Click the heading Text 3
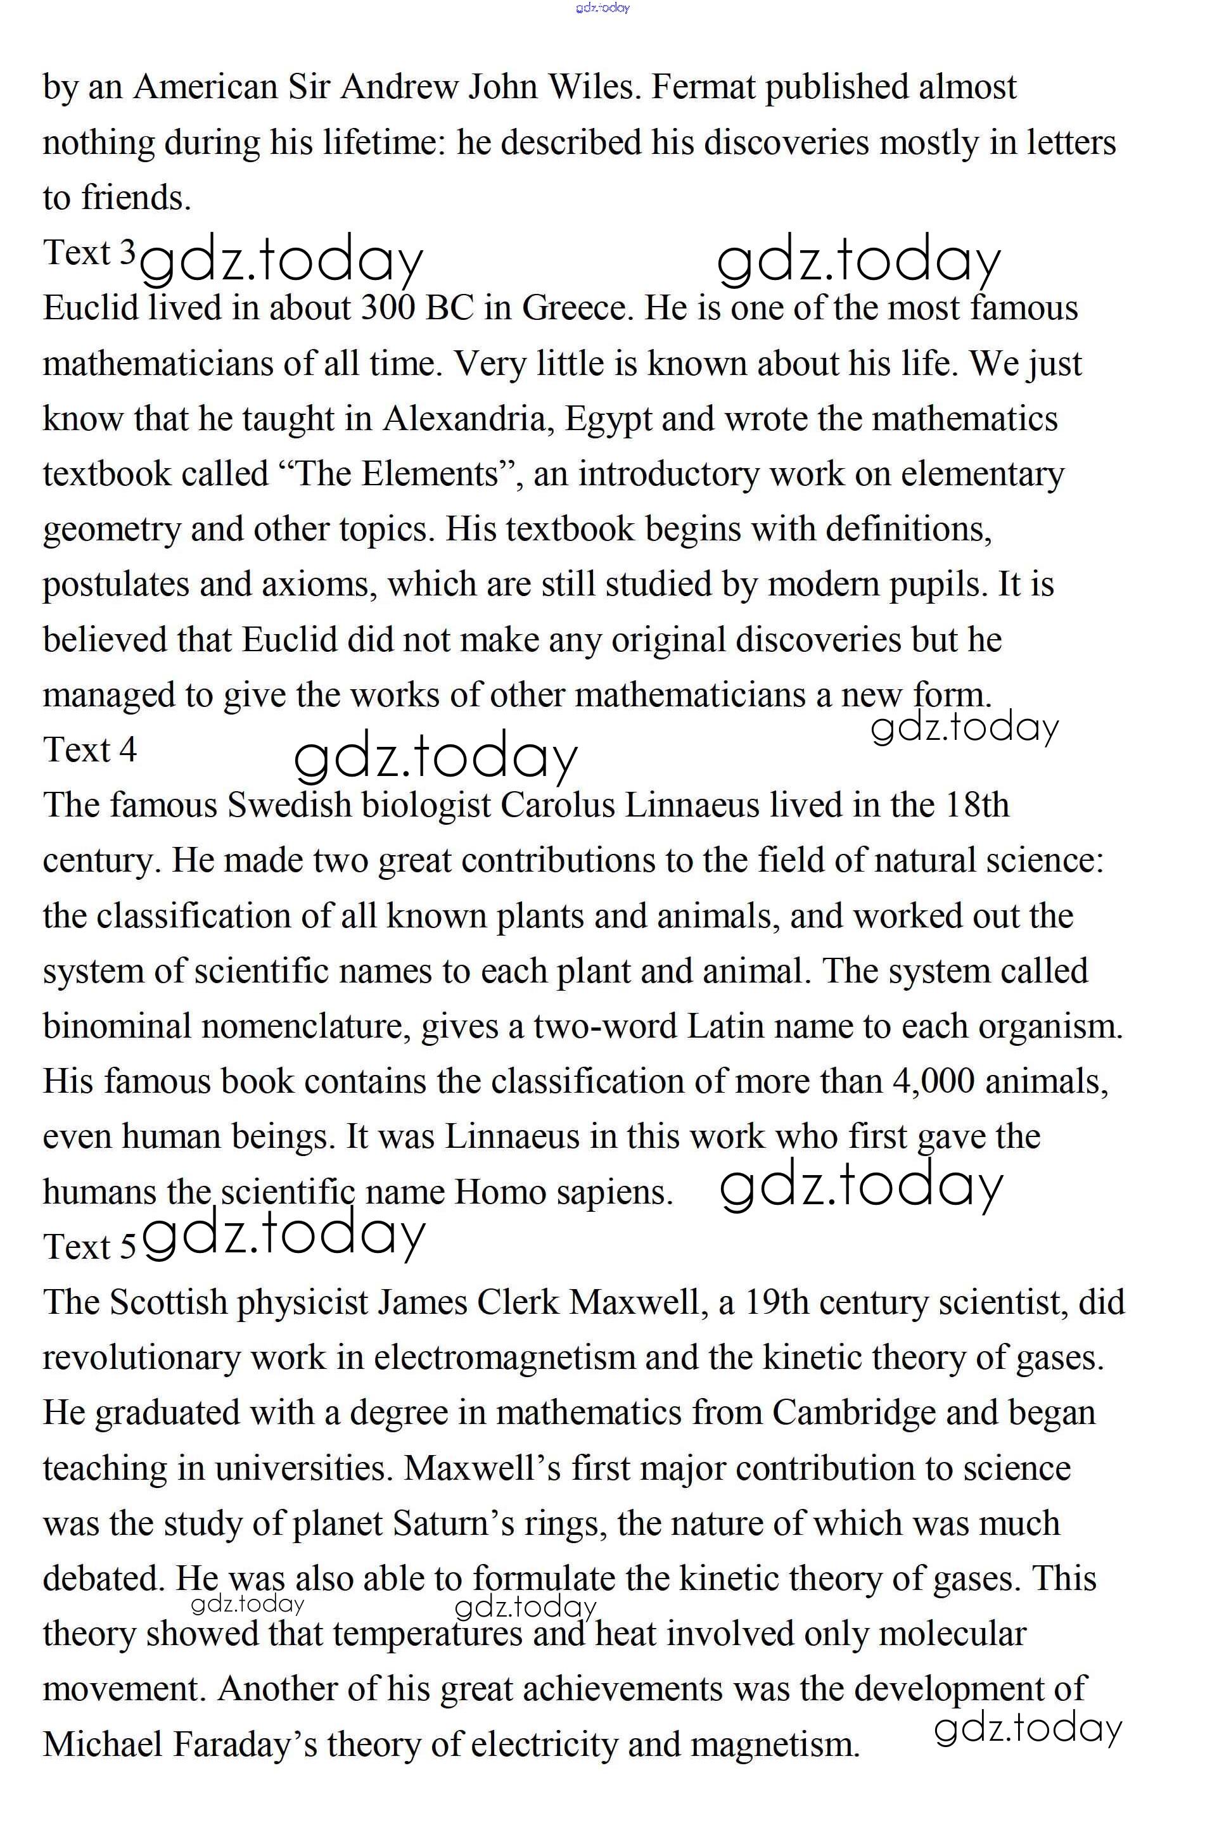point(89,253)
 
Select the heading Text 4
point(89,749)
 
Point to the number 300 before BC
point(389,308)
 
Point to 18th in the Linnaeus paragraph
point(976,806)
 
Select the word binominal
point(116,1027)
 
